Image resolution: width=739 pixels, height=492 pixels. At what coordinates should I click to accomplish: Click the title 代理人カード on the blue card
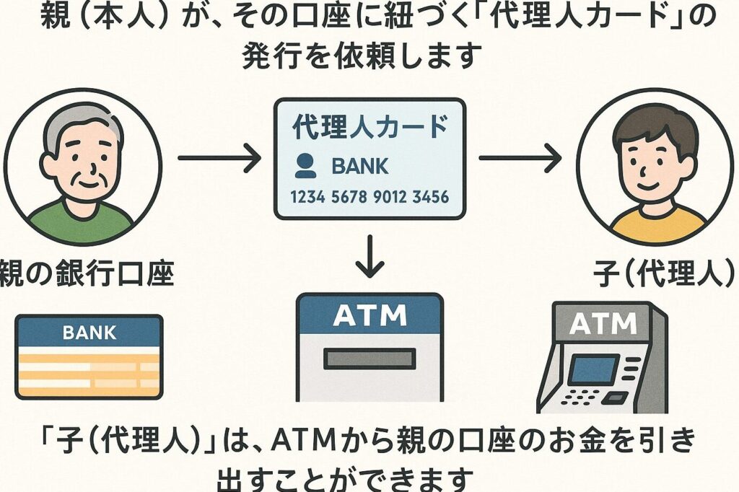click(x=369, y=128)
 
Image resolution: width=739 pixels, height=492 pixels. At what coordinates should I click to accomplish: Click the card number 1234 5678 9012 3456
click(x=369, y=196)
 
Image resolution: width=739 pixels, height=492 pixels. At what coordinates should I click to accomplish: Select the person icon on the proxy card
click(x=305, y=167)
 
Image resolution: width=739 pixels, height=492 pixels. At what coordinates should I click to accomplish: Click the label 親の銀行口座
click(x=87, y=274)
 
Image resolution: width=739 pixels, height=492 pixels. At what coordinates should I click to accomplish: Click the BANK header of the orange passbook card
click(x=89, y=333)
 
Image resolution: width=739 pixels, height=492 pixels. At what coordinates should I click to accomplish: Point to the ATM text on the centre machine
click(x=369, y=315)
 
